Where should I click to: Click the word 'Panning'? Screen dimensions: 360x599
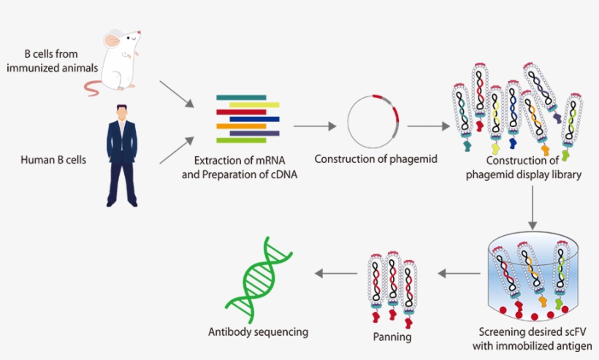coord(392,337)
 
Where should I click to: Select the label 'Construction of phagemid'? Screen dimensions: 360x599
coord(376,158)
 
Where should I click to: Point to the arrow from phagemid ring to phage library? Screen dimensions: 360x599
coord(428,126)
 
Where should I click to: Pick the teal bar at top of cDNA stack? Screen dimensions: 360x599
coord(240,97)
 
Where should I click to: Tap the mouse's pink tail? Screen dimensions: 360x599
coord(94,88)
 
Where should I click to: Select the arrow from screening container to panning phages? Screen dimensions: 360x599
coord(457,273)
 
